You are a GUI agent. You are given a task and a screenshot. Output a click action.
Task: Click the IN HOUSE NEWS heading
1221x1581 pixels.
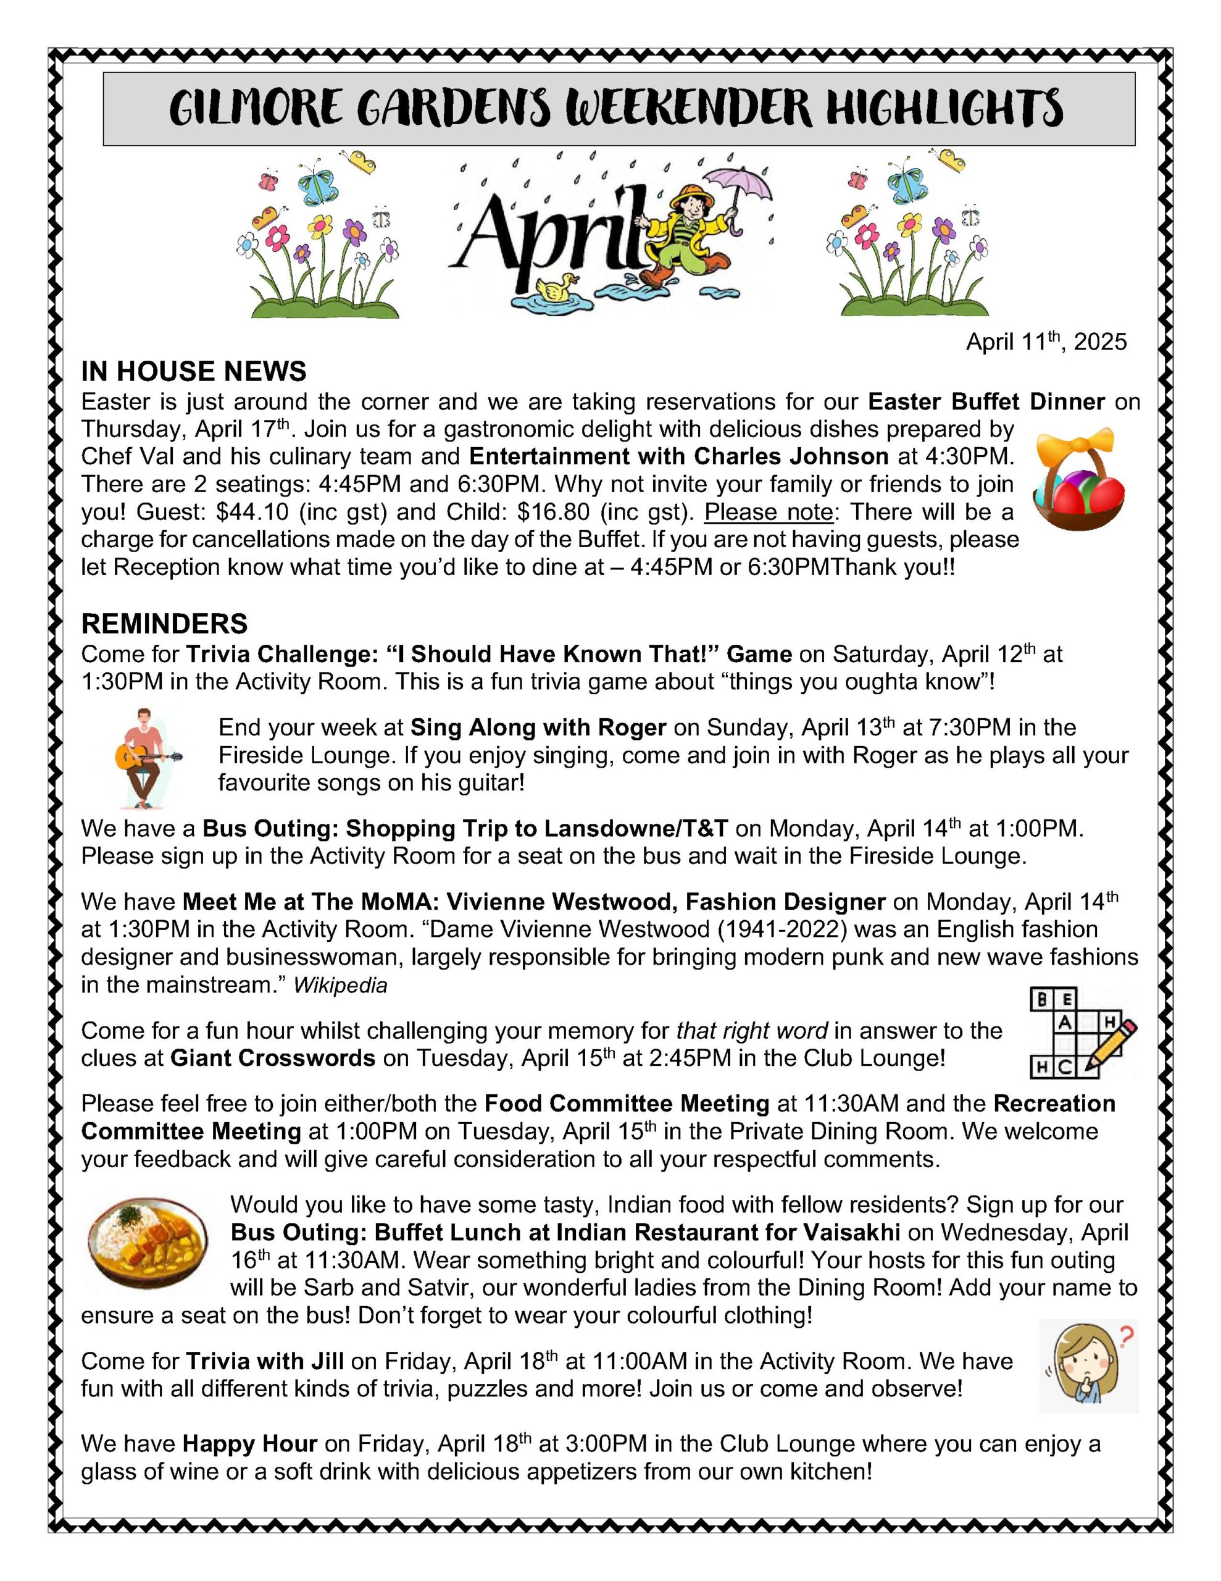(x=193, y=371)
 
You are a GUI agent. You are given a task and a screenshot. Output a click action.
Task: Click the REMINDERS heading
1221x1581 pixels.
(x=164, y=623)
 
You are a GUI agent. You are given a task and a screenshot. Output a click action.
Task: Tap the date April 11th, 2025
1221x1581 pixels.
(x=1046, y=342)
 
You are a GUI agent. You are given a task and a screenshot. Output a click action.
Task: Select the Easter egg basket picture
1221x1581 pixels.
(x=1078, y=479)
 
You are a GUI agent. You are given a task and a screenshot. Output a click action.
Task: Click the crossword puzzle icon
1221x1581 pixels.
(x=1081, y=1033)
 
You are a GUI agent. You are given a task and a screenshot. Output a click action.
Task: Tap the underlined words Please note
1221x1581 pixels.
(x=769, y=512)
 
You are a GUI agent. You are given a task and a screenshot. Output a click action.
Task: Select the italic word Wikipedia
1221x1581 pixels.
(x=340, y=985)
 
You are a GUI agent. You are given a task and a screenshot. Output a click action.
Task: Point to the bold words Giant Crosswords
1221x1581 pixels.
(x=273, y=1059)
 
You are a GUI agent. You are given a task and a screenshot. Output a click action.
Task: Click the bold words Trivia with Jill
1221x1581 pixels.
(x=264, y=1361)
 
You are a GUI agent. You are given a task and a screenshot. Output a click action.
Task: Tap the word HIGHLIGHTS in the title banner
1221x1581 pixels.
(x=944, y=109)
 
